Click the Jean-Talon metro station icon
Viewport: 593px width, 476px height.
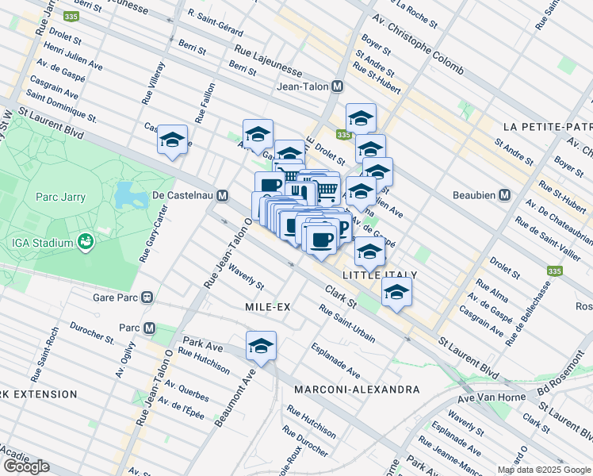[338, 86]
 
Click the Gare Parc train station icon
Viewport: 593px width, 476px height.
[147, 297]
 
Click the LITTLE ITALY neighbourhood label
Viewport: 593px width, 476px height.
[379, 274]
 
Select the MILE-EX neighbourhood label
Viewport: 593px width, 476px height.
[270, 306]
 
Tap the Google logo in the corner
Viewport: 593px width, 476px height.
[26, 466]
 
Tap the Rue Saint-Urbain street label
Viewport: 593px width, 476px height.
[347, 324]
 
